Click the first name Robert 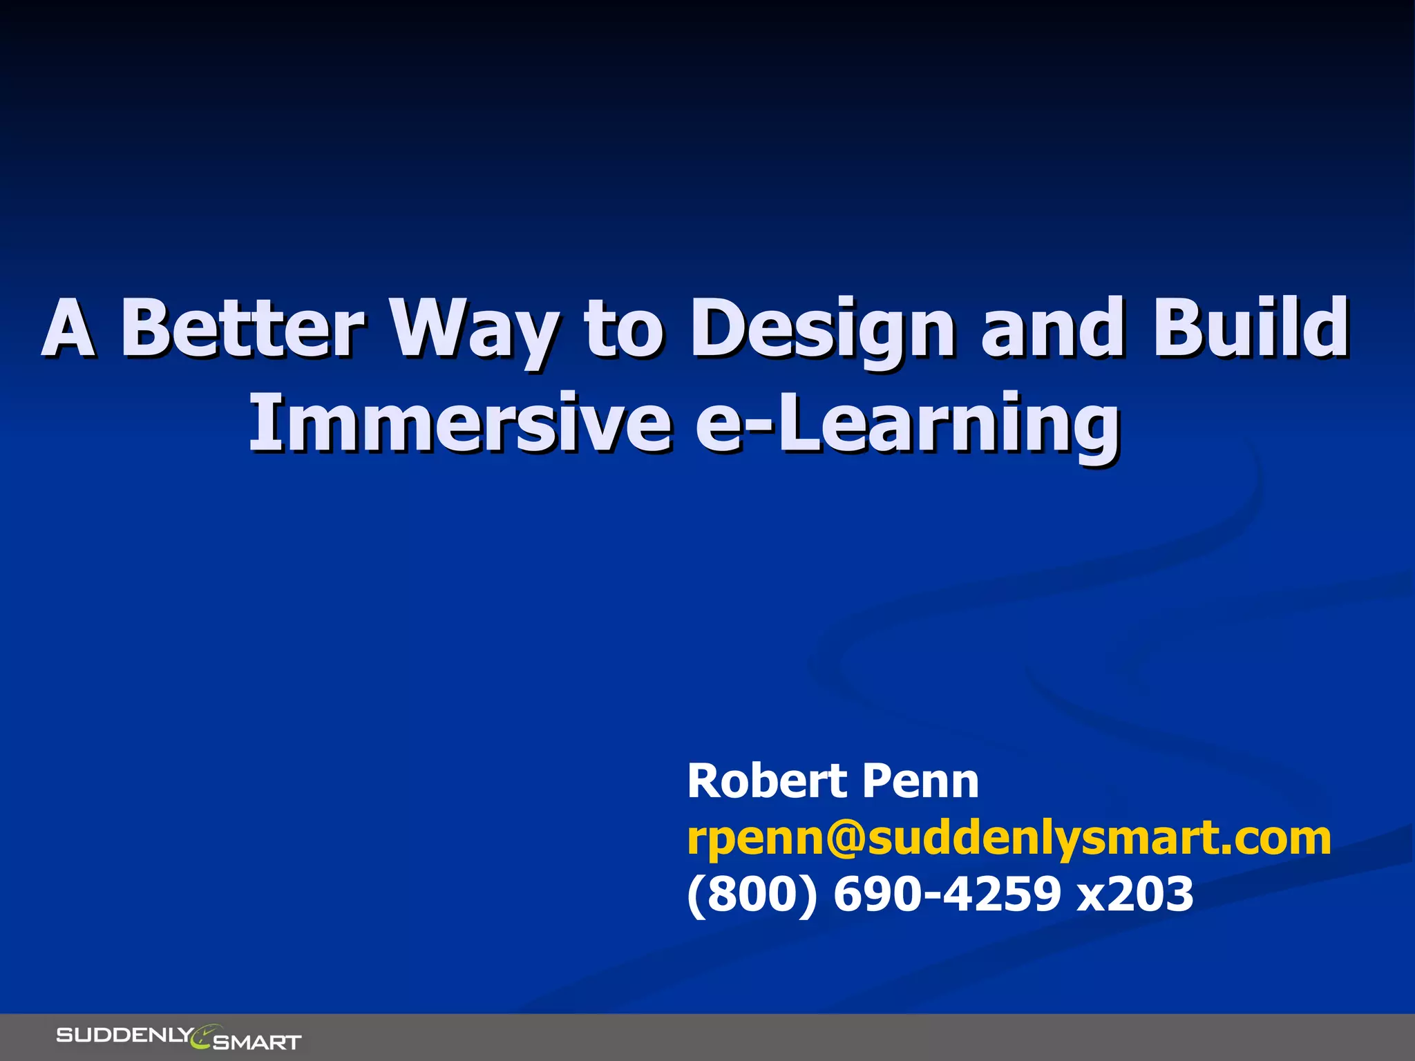coord(767,781)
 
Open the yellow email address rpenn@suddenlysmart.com coord(1009,838)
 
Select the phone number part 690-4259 coord(947,894)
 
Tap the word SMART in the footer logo coord(257,1042)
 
